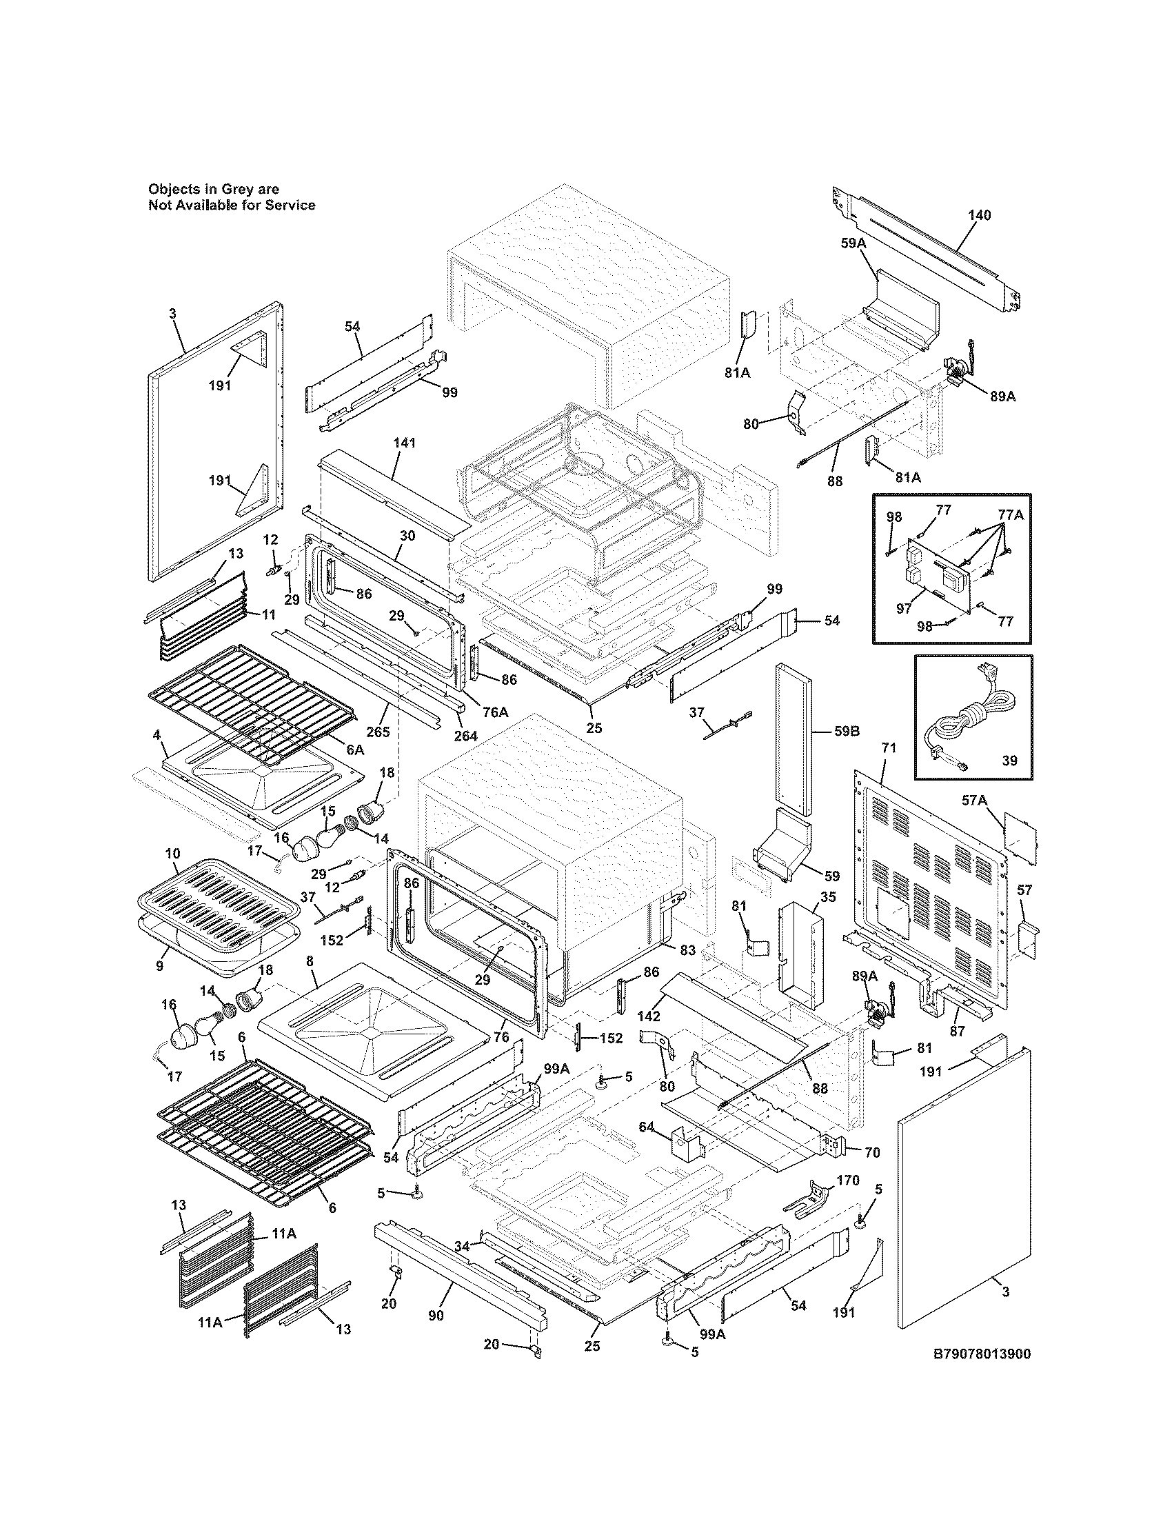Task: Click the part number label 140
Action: pyautogui.click(x=980, y=215)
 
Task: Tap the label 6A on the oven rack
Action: pyautogui.click(x=354, y=750)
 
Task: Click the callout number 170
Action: pyautogui.click(x=848, y=1180)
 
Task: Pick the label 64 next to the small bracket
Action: pyautogui.click(x=647, y=1127)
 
